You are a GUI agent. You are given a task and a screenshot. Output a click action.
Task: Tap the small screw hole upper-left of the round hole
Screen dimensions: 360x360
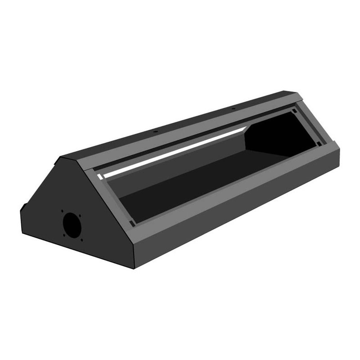coord(62,211)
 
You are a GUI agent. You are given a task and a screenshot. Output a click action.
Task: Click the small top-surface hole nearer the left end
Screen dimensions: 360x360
coord(154,131)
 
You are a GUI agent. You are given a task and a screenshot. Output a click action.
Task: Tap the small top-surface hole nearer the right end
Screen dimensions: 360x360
coord(234,108)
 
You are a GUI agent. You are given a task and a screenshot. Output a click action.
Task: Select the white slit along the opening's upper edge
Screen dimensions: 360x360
coord(175,152)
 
